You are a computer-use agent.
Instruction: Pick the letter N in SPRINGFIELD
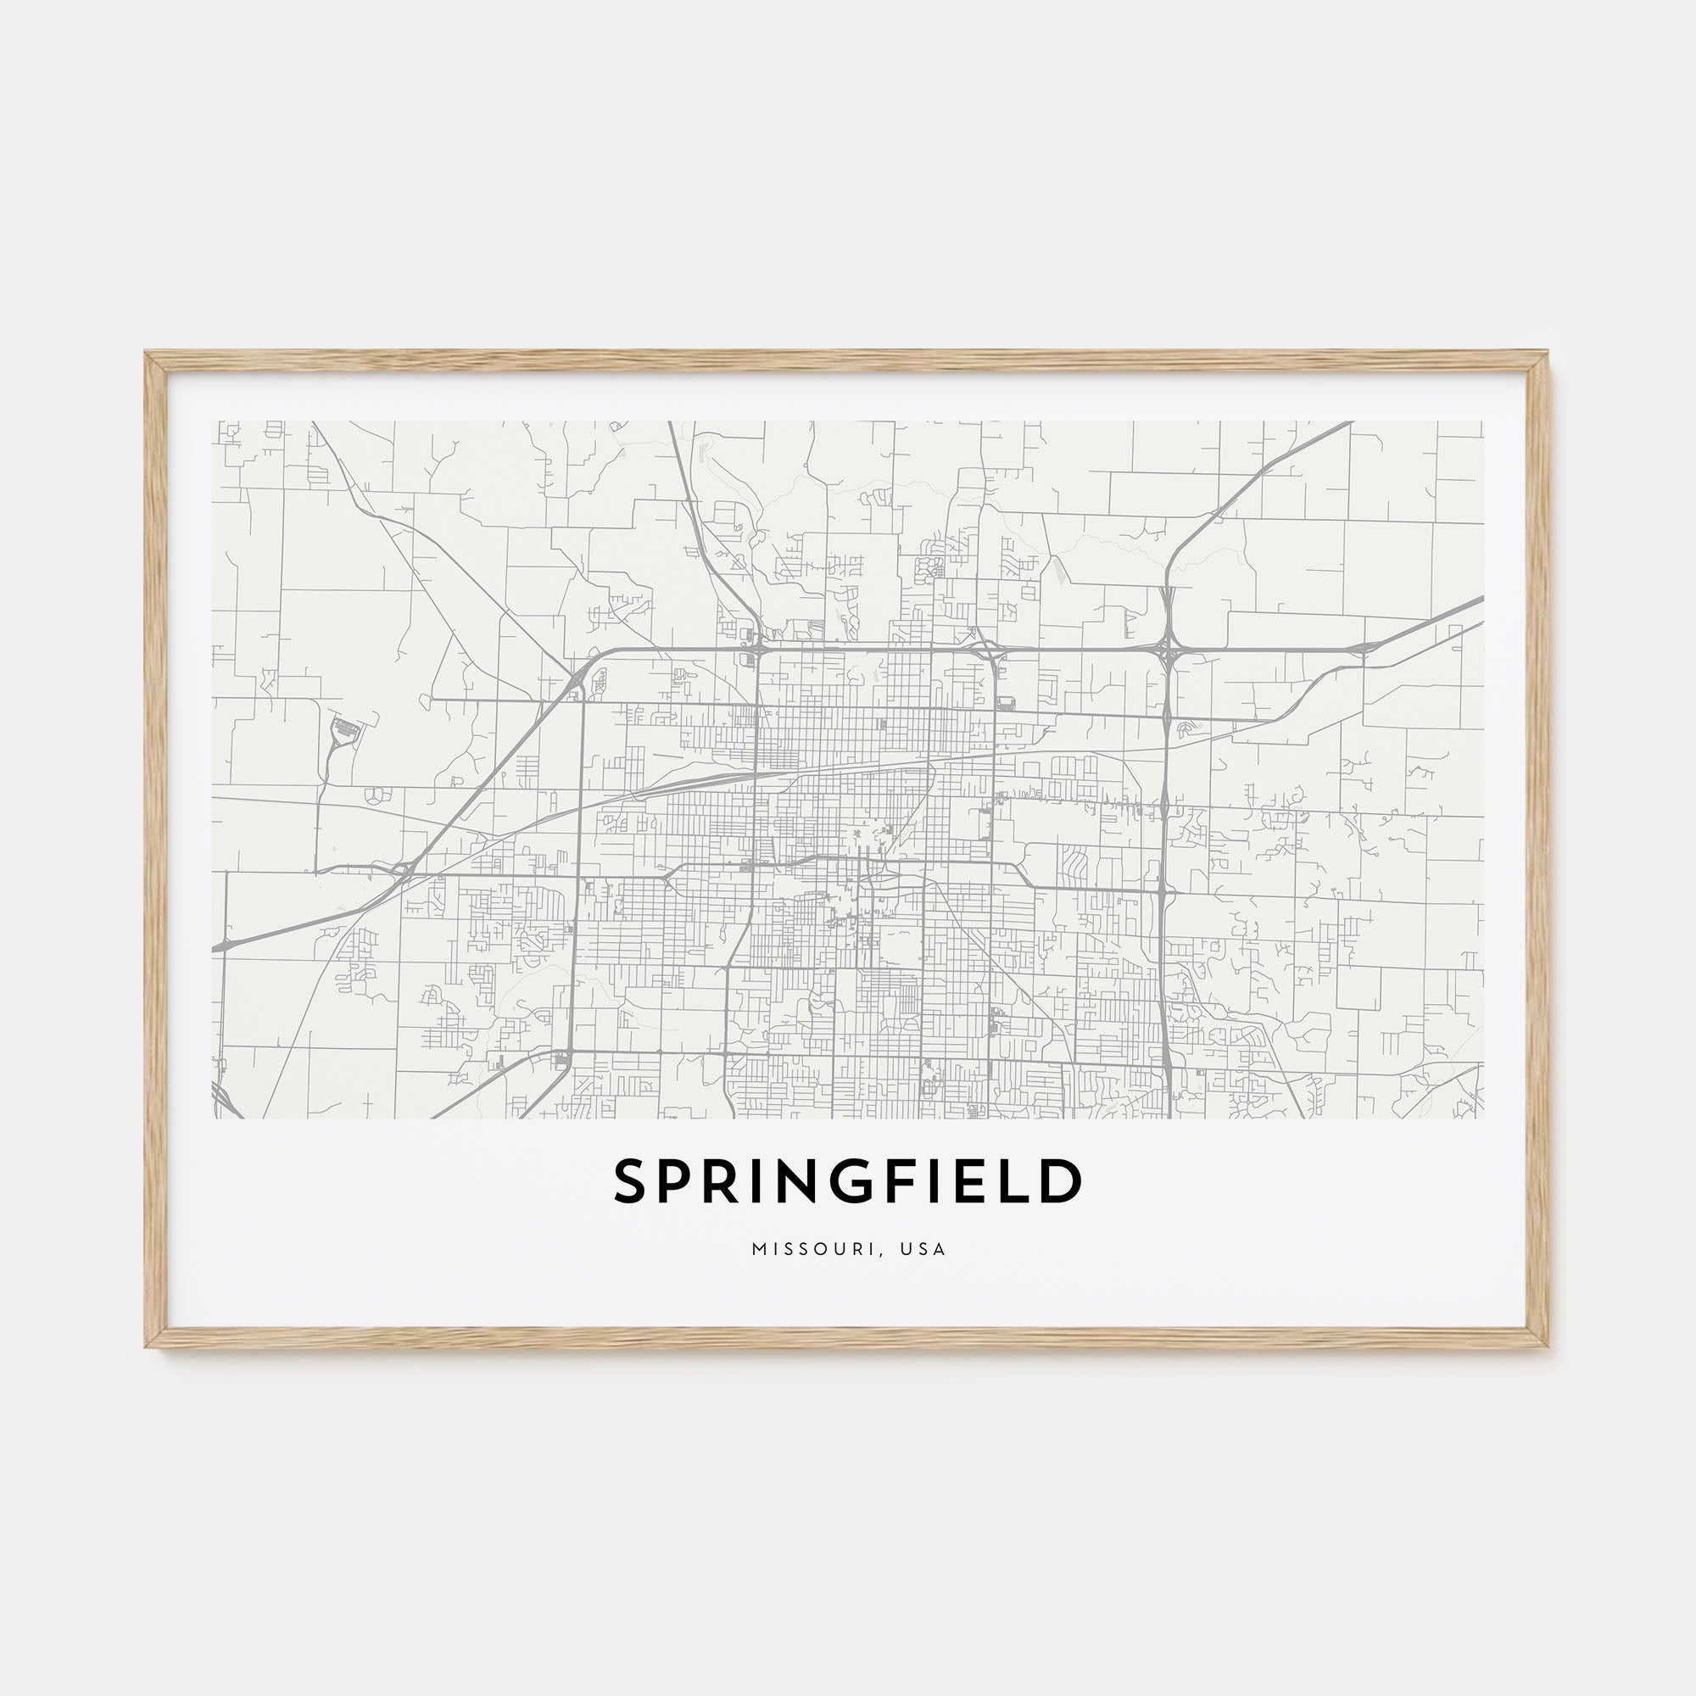click(802, 1181)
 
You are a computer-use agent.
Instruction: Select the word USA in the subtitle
click(923, 1249)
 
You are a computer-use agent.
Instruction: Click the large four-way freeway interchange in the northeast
click(1167, 650)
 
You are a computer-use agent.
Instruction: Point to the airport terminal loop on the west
click(345, 728)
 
